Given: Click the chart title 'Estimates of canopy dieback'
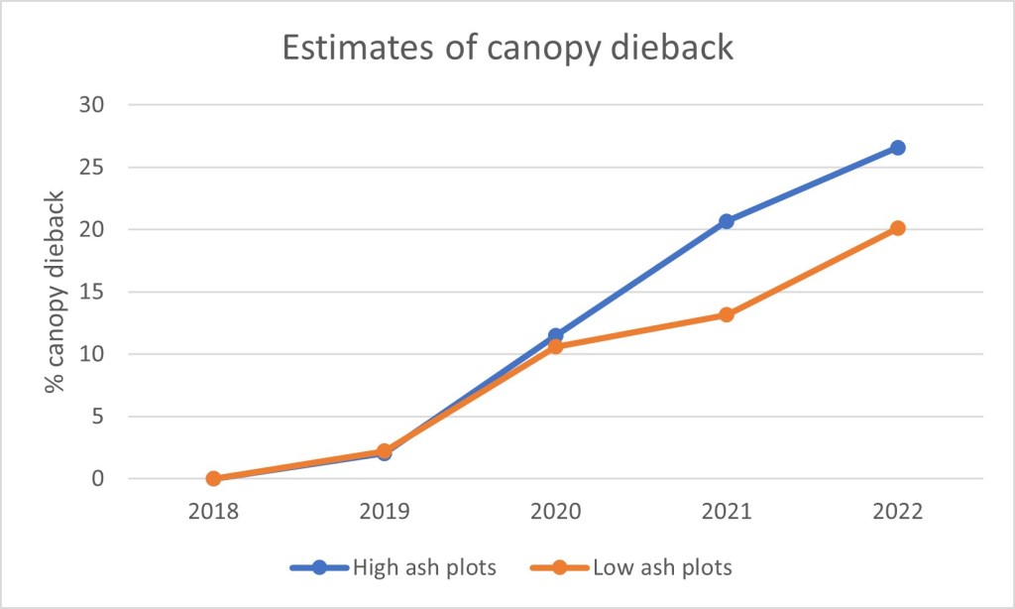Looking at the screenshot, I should click(x=507, y=48).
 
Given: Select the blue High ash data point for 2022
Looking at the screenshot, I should click(x=897, y=148).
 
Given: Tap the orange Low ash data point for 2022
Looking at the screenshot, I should click(x=897, y=228).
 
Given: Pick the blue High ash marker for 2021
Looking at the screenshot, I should click(x=727, y=221).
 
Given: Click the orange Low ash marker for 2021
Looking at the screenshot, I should click(x=727, y=315).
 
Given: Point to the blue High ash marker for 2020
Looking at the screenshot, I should click(x=555, y=335).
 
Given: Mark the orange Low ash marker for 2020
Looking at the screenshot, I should click(x=555, y=347).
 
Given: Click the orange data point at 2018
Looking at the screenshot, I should click(x=213, y=478).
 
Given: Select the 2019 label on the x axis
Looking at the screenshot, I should click(x=384, y=513).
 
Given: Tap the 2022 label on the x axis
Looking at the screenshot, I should click(x=897, y=513).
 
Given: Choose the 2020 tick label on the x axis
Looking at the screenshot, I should click(x=555, y=513).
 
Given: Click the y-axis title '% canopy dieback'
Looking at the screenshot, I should click(x=56, y=293).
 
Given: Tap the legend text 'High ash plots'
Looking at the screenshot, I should click(x=425, y=568).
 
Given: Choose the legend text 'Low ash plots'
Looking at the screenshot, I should click(x=662, y=568).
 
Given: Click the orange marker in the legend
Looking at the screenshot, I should click(x=560, y=568).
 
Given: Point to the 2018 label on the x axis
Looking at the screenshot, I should click(x=213, y=513).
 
